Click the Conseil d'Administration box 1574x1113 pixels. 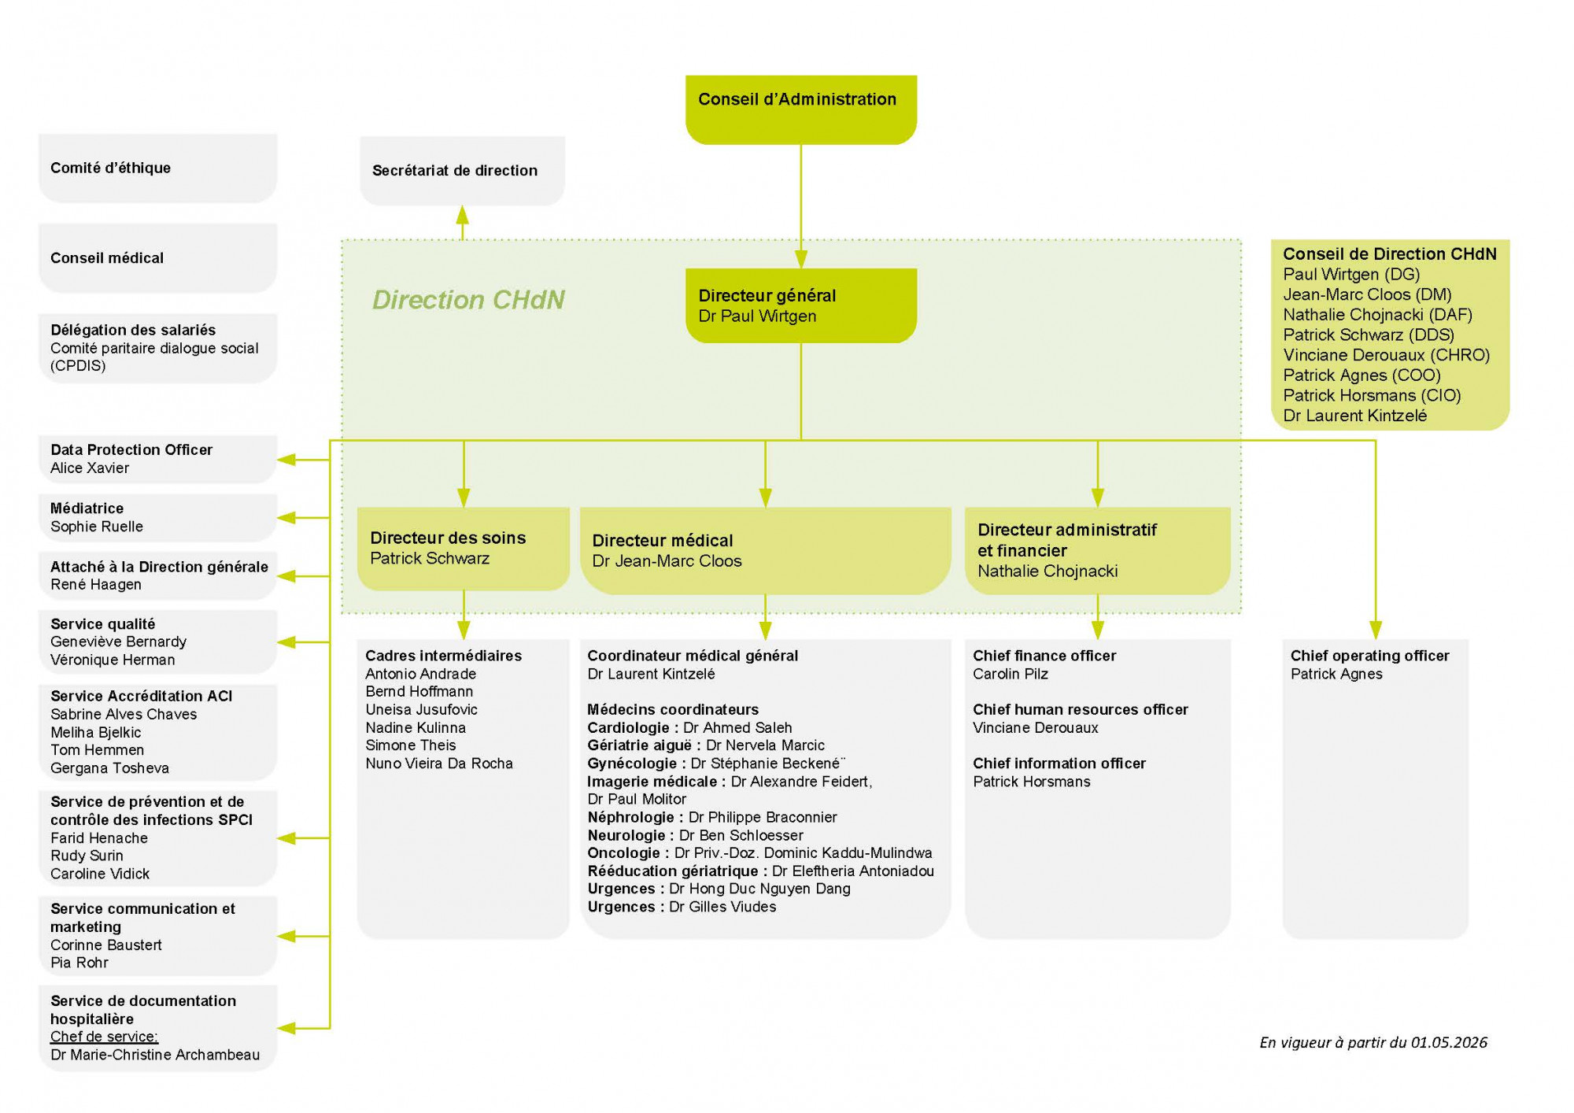click(x=800, y=109)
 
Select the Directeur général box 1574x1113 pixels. click(x=800, y=305)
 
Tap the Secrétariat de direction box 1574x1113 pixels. click(x=462, y=171)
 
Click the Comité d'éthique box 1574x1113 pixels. click(x=157, y=168)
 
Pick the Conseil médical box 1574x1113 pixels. click(x=157, y=258)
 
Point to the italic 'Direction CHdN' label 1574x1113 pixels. click(x=468, y=300)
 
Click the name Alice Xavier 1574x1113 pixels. click(x=90, y=468)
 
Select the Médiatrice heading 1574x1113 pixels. click(x=87, y=508)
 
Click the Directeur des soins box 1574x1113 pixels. click(x=463, y=549)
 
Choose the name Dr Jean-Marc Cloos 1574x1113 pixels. click(x=667, y=561)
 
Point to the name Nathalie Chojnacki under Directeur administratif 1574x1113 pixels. click(x=1047, y=571)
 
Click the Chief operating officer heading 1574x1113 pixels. click(x=1369, y=656)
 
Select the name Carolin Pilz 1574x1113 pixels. click(x=1011, y=674)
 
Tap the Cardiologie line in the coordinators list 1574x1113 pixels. click(x=689, y=728)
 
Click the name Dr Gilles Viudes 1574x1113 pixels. click(x=722, y=907)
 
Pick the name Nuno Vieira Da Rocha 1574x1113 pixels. click(x=439, y=764)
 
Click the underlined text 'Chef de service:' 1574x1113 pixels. click(x=105, y=1037)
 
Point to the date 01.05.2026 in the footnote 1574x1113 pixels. click(x=1449, y=1043)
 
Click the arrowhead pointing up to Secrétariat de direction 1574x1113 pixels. click(x=463, y=215)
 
